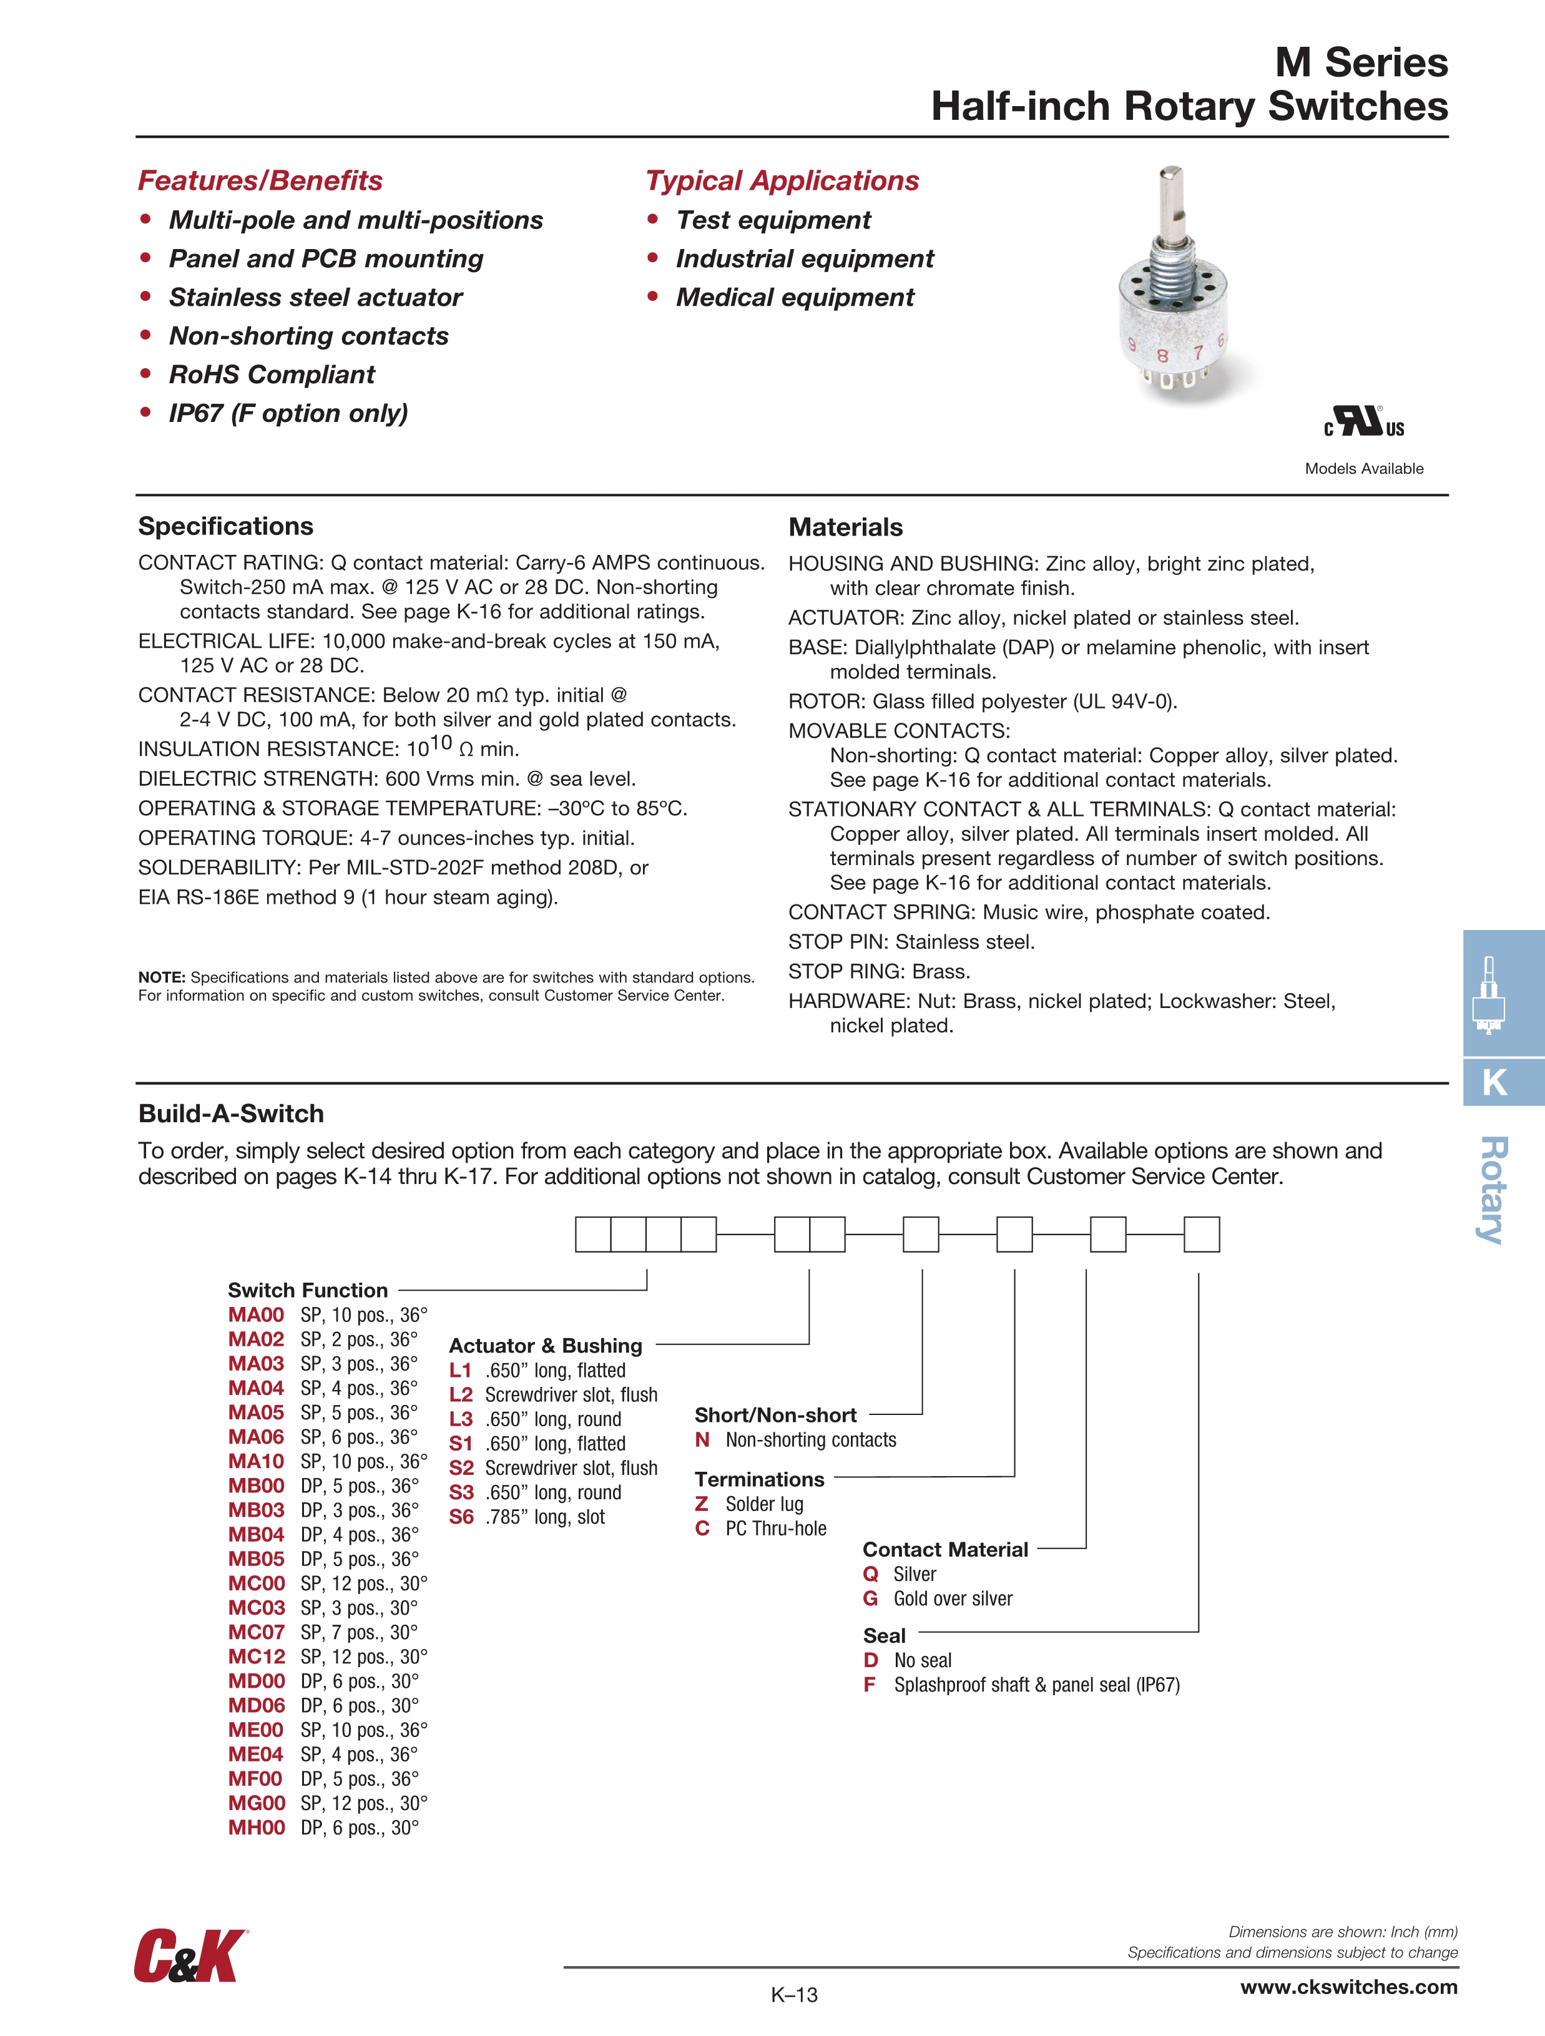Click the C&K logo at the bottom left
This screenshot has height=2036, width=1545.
pos(190,1956)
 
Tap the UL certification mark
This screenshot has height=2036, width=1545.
pos(1363,423)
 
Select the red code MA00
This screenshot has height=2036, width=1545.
pos(256,1315)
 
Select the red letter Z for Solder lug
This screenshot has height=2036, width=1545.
pos(702,1504)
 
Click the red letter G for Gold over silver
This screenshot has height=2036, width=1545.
pos(870,1599)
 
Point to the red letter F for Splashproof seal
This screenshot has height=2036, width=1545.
pos(869,1685)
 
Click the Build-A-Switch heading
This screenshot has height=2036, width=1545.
pos(231,1113)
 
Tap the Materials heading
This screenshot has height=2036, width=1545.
pos(845,527)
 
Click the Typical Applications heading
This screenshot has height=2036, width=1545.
pos(782,180)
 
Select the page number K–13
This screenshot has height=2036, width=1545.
pos(793,1995)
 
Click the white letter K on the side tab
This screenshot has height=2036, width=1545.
pos(1494,1082)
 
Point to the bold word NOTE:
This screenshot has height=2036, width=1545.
pos(162,977)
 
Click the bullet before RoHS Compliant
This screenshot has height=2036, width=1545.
pos(145,374)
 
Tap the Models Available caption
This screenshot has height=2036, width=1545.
pos(1363,469)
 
